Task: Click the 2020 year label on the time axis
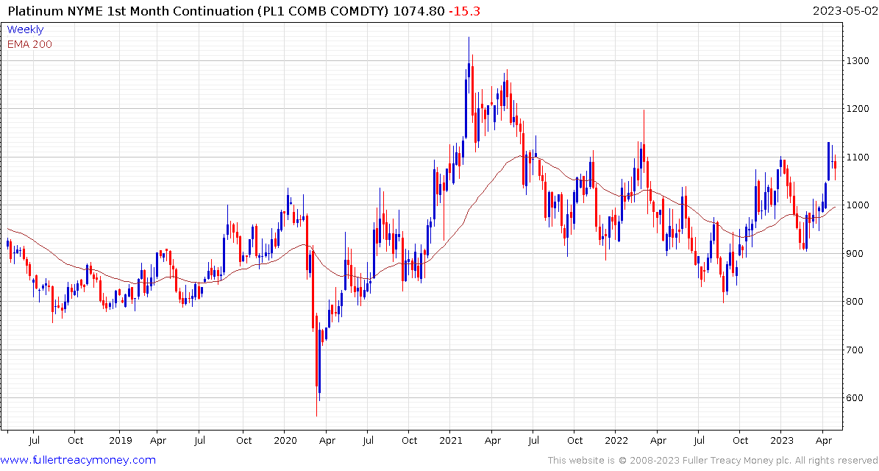285,440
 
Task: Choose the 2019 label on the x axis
120,440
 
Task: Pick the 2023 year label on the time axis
782,440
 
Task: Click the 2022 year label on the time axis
616,440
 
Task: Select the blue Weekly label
25,29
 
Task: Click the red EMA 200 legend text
29,44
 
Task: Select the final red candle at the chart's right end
835,165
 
